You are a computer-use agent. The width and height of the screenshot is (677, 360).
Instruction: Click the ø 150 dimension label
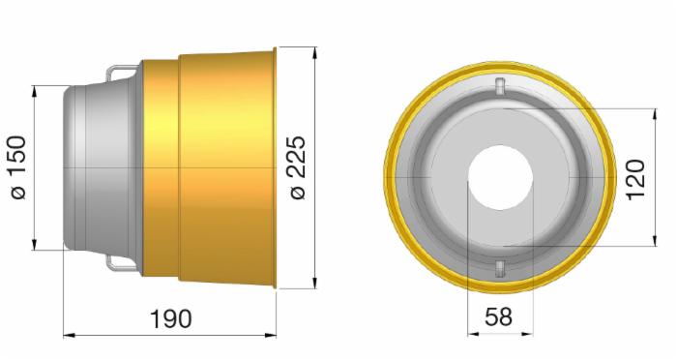coord(18,167)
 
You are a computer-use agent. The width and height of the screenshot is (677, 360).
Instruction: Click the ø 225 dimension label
coord(298,167)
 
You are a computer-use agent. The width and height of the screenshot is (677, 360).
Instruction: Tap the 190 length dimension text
coord(170,319)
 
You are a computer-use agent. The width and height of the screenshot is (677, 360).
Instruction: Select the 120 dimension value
coord(635,179)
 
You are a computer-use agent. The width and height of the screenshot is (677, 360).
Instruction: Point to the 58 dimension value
coord(499,316)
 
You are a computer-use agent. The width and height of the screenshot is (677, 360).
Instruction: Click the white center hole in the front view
coord(500,178)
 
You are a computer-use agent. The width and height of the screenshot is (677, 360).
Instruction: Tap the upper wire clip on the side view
coord(123,73)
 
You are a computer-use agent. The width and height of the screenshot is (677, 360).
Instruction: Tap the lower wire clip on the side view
coord(123,263)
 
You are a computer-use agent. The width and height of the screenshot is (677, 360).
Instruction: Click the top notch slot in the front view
coord(500,86)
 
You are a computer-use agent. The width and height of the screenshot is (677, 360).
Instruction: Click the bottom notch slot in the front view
coord(499,268)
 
